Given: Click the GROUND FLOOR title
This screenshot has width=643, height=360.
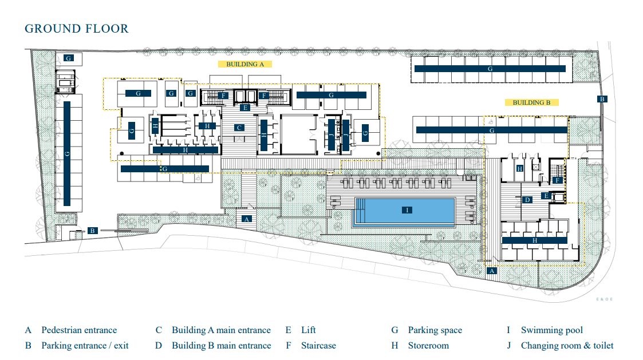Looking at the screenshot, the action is coord(77,29).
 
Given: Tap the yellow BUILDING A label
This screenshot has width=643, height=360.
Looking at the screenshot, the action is coord(245,64).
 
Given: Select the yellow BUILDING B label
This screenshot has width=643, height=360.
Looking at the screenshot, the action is coord(531,102).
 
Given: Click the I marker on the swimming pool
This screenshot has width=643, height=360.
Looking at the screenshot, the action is coord(407,210).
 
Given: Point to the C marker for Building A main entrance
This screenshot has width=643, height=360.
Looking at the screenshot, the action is coord(239,128).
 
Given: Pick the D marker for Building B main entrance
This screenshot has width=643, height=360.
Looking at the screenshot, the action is coord(527,200).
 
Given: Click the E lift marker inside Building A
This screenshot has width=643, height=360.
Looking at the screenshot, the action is coord(245,108).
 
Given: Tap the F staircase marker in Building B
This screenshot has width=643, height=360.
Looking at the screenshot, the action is coord(557,180).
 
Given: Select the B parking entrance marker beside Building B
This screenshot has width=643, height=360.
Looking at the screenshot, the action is coord(602,99).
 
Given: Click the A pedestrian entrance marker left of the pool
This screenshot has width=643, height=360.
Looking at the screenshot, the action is coord(246,219).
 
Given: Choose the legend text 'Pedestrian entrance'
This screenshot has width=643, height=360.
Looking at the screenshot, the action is coord(79,330).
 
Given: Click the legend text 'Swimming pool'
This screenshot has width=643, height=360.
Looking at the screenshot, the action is coord(551,330).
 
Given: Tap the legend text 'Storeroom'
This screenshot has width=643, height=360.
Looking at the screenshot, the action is coord(428,346).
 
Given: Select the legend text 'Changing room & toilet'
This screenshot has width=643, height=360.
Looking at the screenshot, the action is coord(567,346).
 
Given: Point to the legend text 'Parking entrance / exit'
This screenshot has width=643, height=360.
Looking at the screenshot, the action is coord(85,346).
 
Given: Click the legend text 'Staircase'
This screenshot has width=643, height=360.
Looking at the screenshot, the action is coord(318,346).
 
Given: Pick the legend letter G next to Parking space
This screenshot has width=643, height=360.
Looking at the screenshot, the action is coord(395,330).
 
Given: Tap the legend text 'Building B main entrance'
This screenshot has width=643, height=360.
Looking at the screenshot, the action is coord(221,346).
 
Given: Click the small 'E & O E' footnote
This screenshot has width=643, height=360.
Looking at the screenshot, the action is coord(604,299).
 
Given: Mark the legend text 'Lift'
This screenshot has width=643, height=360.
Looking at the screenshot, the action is coord(309,330).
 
